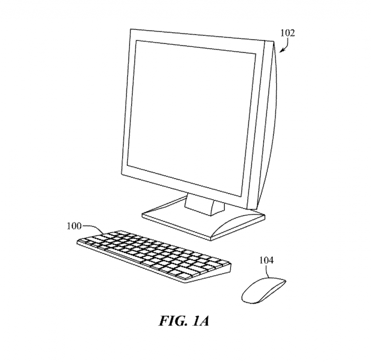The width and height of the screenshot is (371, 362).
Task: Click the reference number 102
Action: point(288,34)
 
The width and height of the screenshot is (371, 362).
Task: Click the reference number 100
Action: point(74,227)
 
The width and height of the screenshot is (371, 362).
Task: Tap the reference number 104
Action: point(267,260)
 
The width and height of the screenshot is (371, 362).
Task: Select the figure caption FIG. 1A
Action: point(184,321)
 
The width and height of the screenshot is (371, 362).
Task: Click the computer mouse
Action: point(263,289)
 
